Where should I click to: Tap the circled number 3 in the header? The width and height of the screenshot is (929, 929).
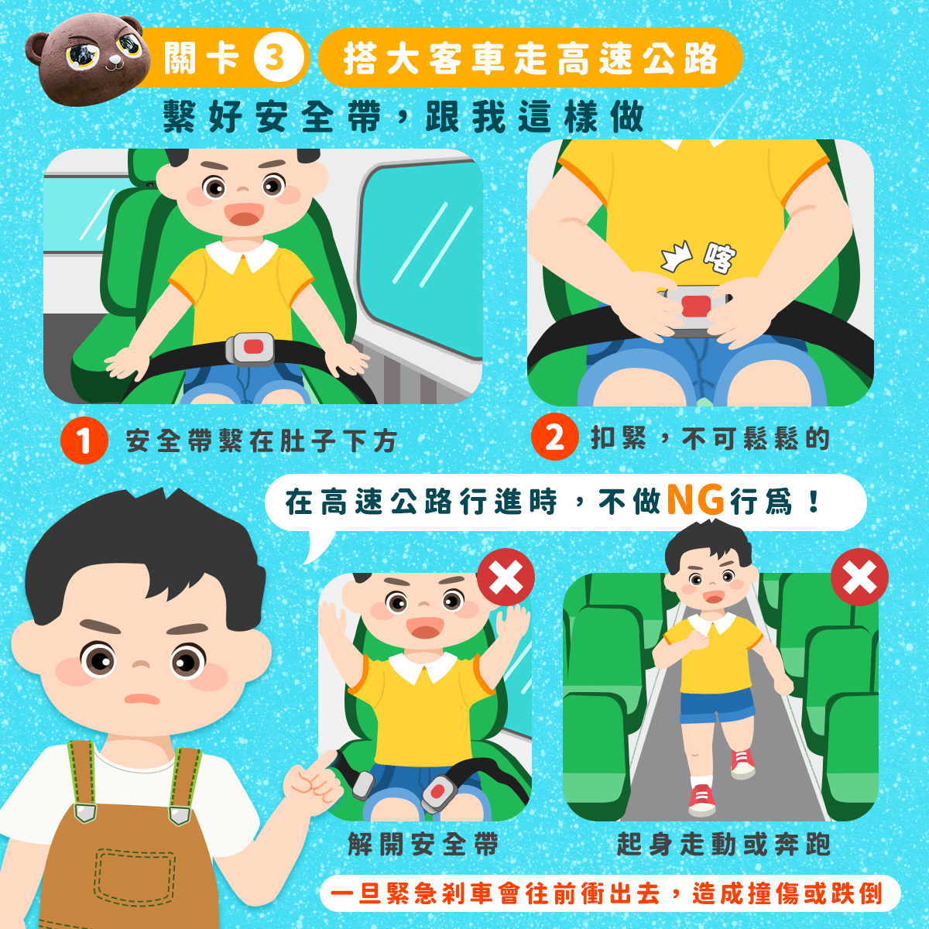pos(275,58)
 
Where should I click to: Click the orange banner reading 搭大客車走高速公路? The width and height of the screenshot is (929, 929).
pos(530,58)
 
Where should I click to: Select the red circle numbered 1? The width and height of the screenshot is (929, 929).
pos(84,441)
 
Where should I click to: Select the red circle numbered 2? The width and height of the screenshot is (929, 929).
pos(554,437)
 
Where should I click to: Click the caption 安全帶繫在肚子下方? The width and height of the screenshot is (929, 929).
pos(262,441)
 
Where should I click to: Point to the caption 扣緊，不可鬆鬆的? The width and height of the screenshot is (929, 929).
pos(710,438)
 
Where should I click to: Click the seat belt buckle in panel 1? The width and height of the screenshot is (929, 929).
pos(250,348)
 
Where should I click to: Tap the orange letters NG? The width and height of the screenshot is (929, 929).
pos(694,500)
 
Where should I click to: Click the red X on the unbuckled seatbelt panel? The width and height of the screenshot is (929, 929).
pos(506,577)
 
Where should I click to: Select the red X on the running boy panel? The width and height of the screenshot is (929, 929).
pos(859,577)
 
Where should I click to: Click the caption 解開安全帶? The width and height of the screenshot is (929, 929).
pos(423,844)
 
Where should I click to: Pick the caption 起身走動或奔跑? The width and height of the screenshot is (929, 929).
pos(723,844)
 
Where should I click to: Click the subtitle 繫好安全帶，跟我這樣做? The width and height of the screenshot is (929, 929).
pos(403,118)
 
